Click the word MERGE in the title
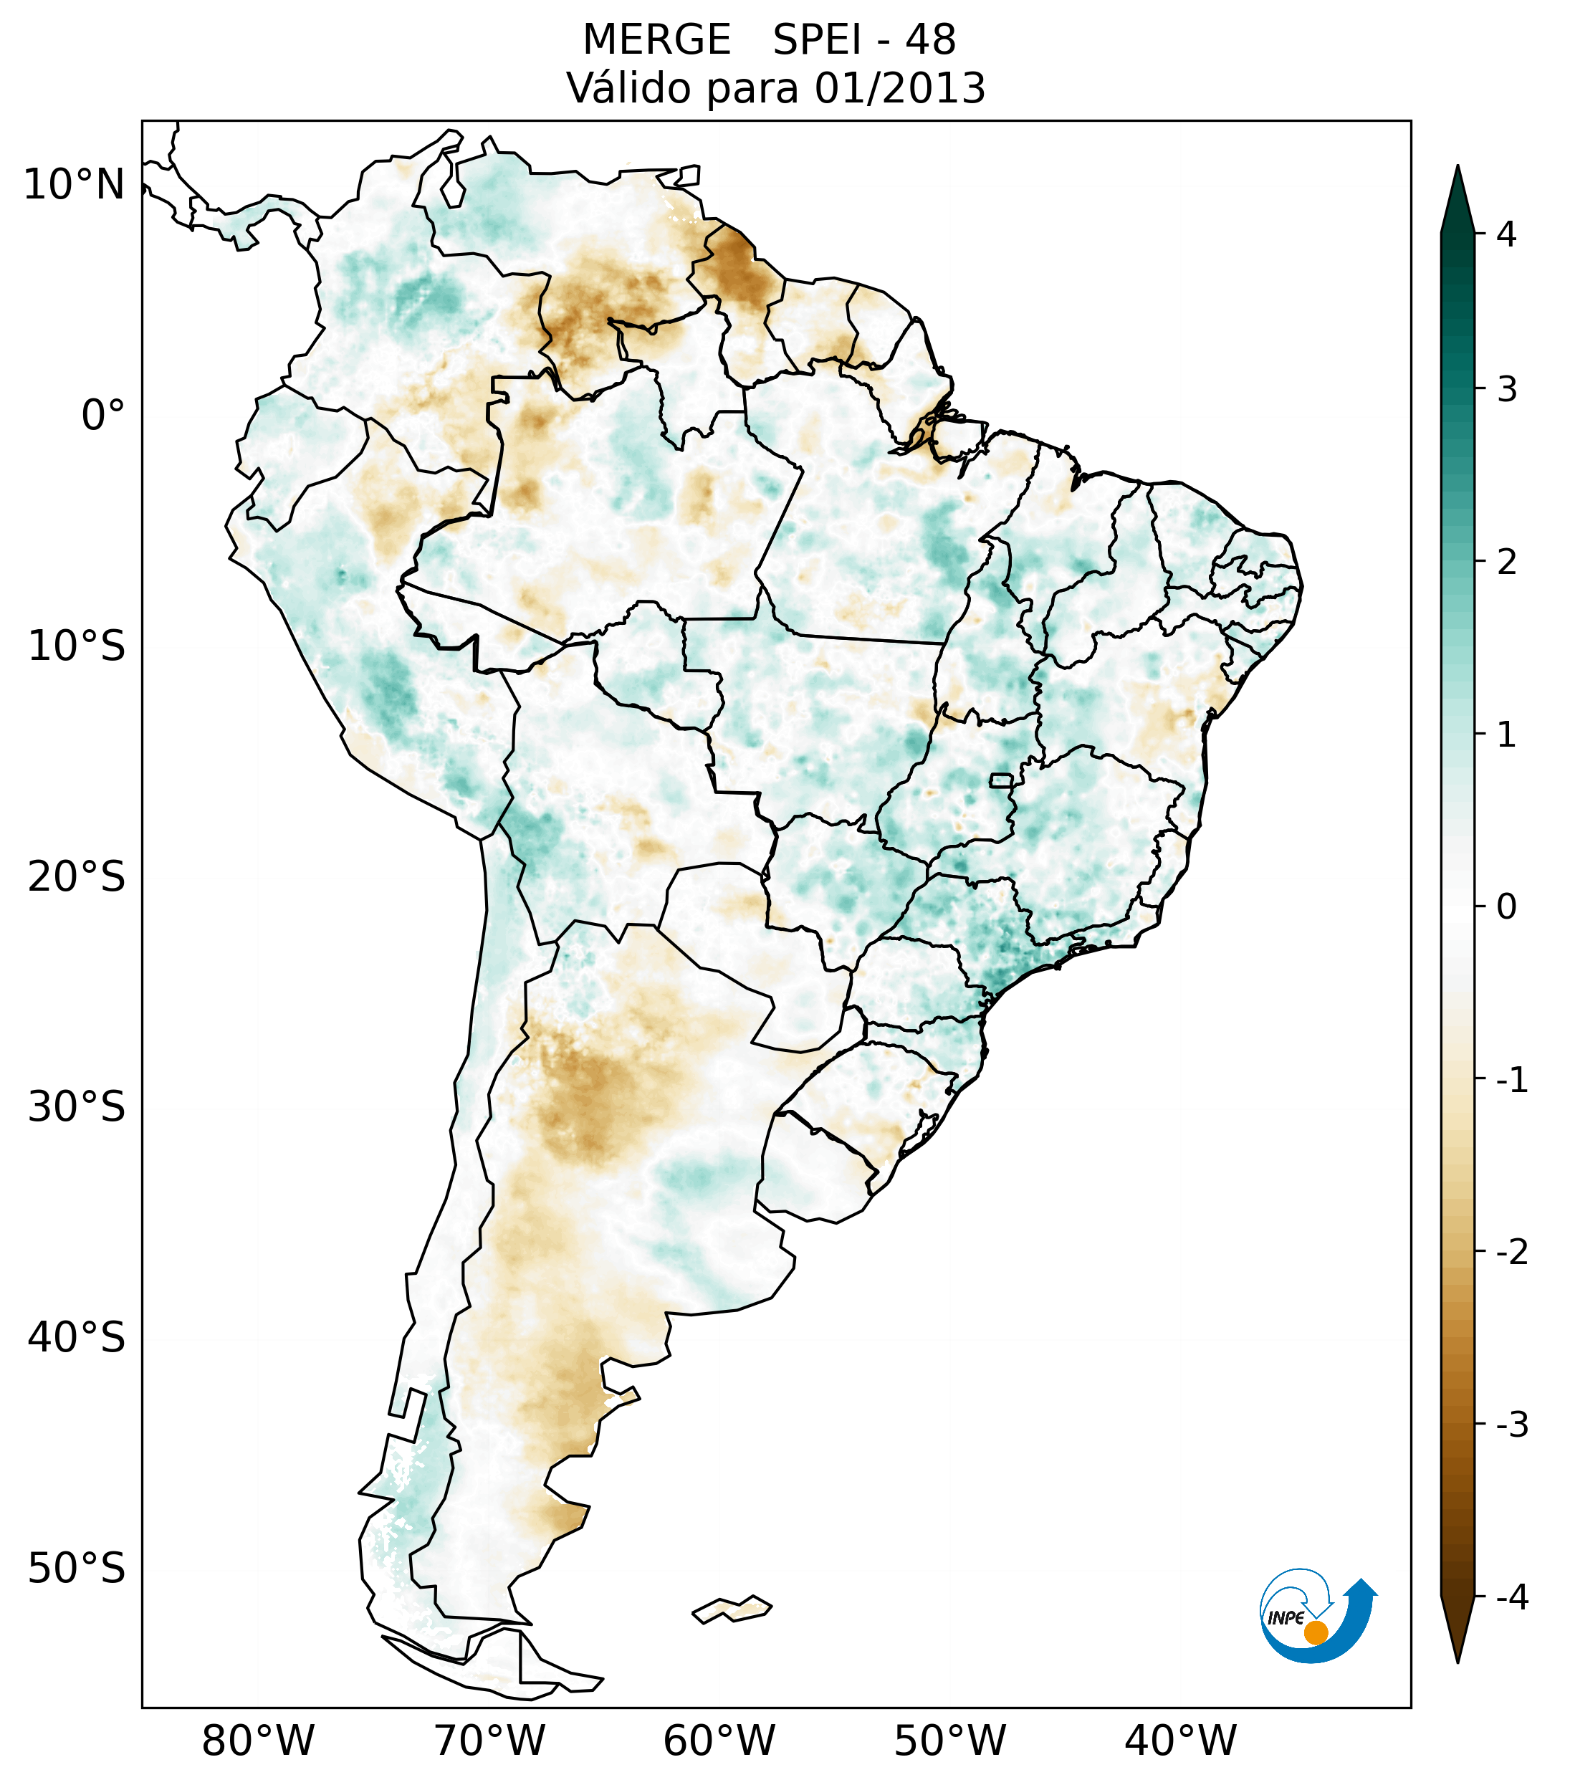coord(656,40)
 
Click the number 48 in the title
coord(930,40)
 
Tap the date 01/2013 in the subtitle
coord(899,88)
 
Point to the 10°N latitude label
coord(73,185)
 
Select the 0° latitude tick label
coord(103,416)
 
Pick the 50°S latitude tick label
coord(77,1569)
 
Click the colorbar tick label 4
coord(1506,234)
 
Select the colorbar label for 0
coord(1506,907)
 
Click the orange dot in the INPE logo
coord(1315,1632)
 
